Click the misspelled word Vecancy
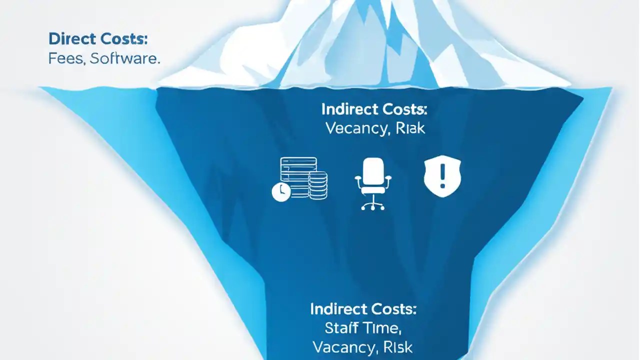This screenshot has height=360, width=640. click(355, 128)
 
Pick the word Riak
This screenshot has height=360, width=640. click(409, 128)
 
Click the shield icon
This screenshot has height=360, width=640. click(442, 177)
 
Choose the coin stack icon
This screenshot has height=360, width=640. click(318, 185)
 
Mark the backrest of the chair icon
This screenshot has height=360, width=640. click(373, 170)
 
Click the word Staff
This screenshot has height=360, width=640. click(342, 328)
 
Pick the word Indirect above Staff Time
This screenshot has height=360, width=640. click(340, 308)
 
